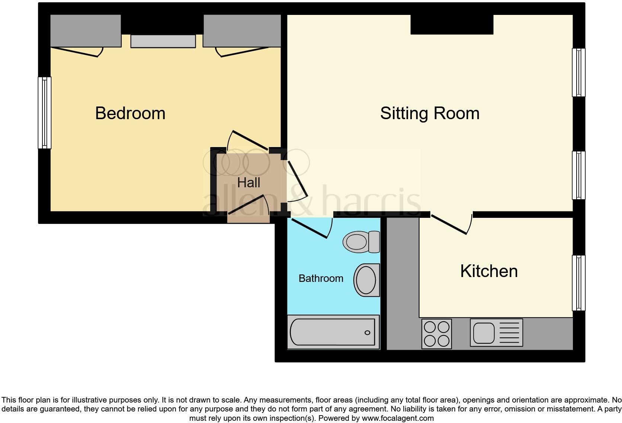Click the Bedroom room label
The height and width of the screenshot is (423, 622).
tap(130, 113)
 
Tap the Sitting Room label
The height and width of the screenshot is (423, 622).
tap(430, 113)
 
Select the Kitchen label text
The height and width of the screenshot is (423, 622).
tap(489, 271)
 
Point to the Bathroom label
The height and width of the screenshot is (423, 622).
tap(321, 279)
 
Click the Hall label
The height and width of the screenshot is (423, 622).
tap(249, 183)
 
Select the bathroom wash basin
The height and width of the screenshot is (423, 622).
tap(367, 280)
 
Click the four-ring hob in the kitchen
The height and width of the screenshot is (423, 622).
tap(436, 334)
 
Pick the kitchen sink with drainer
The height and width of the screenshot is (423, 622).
tap(496, 333)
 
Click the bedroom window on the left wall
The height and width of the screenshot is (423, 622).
tap(45, 113)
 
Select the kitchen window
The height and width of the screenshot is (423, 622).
tap(578, 283)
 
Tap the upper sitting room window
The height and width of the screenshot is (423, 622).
tap(578, 73)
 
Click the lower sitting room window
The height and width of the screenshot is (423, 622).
tap(578, 175)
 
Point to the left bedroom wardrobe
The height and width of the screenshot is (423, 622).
tap(86, 31)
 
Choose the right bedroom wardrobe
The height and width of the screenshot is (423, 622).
tap(242, 31)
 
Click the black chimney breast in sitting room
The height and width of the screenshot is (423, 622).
tap(452, 25)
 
